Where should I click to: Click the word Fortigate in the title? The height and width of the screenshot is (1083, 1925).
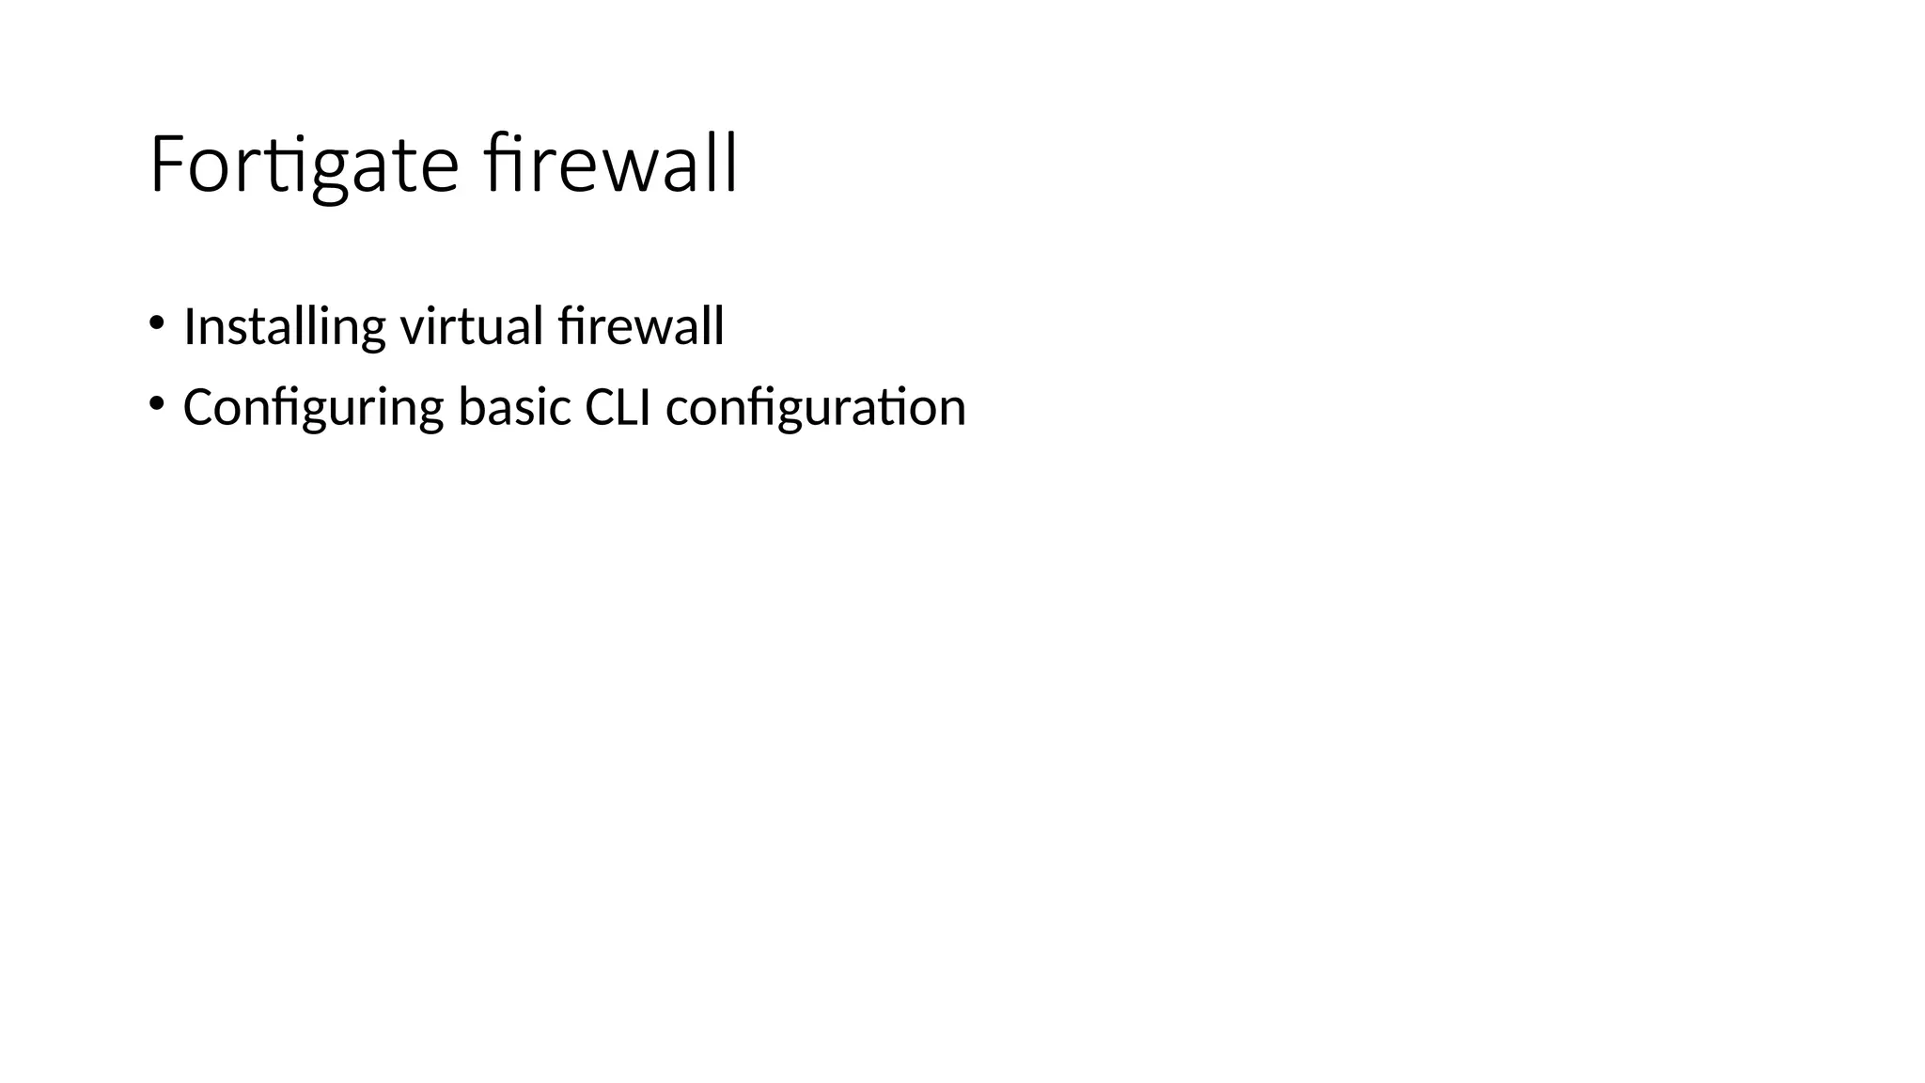click(304, 165)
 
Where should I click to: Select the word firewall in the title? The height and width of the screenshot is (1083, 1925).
click(611, 165)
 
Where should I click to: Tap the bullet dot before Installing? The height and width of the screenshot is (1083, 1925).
click(156, 323)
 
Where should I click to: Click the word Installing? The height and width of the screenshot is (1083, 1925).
click(284, 327)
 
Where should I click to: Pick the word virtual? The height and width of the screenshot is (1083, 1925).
click(472, 327)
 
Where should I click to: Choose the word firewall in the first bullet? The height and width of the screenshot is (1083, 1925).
click(640, 327)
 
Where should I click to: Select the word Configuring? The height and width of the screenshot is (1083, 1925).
click(313, 408)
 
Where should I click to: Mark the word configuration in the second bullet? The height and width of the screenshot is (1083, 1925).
click(815, 408)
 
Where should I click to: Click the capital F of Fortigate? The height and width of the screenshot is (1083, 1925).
click(165, 165)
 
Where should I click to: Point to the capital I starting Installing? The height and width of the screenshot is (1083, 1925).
click(189, 327)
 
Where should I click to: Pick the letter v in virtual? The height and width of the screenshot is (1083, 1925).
click(412, 329)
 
